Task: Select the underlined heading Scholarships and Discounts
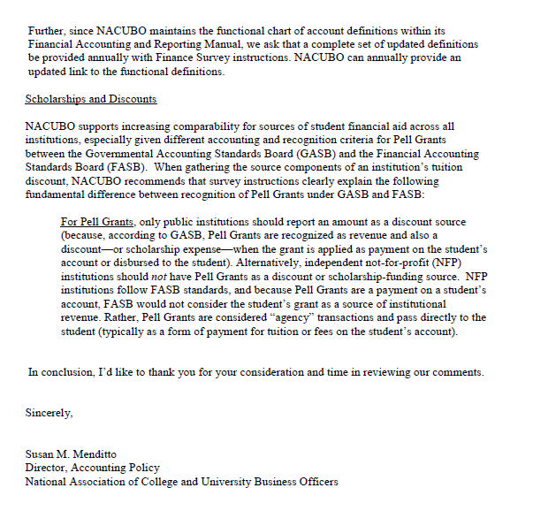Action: click(91, 99)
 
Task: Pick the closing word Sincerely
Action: click(49, 413)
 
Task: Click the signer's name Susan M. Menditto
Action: click(71, 454)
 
